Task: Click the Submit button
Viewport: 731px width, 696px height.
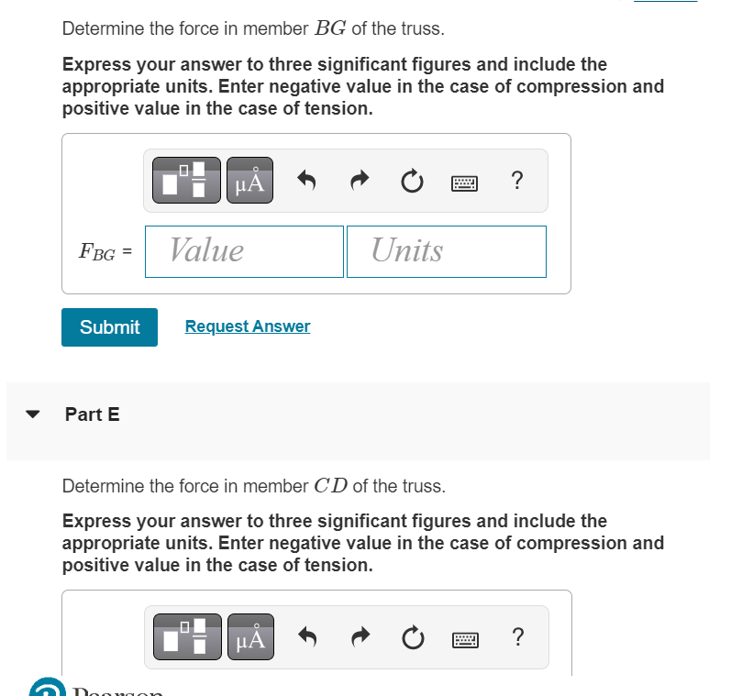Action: pyautogui.click(x=109, y=327)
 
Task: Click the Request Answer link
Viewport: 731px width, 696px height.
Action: pyautogui.click(x=248, y=326)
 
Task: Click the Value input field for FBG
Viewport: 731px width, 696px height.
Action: pyautogui.click(x=244, y=251)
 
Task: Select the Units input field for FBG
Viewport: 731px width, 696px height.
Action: pyautogui.click(x=446, y=251)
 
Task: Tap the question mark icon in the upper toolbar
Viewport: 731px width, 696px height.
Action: pyautogui.click(x=517, y=181)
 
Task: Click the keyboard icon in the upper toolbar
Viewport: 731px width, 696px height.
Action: pyautogui.click(x=465, y=182)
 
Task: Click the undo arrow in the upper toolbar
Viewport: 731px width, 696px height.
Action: pyautogui.click(x=307, y=181)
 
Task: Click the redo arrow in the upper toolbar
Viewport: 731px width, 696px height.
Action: pyautogui.click(x=359, y=181)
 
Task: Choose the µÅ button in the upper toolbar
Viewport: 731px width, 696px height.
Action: pyautogui.click(x=249, y=181)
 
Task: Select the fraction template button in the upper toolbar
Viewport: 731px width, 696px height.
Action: pyautogui.click(x=187, y=181)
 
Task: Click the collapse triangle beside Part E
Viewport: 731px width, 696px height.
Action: pyautogui.click(x=34, y=414)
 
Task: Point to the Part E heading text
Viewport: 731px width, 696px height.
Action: pyautogui.click(x=92, y=414)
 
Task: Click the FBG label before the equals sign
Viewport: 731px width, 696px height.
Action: pyautogui.click(x=97, y=252)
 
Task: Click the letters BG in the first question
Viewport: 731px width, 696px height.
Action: pyautogui.click(x=330, y=28)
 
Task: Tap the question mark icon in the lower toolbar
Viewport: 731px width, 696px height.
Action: pyautogui.click(x=518, y=637)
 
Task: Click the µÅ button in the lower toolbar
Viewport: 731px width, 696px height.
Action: pyautogui.click(x=249, y=637)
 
